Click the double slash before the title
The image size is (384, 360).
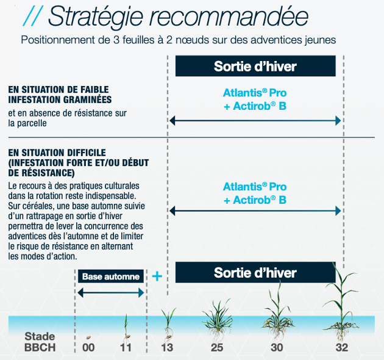pyautogui.click(x=32, y=16)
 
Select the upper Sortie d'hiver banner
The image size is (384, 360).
pyautogui.click(x=255, y=66)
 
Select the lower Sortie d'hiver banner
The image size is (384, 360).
pyautogui.click(x=255, y=272)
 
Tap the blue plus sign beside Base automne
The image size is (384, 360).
pyautogui.click(x=157, y=276)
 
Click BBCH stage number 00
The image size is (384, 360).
pyautogui.click(x=89, y=348)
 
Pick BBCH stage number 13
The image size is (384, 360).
pyautogui.click(x=167, y=348)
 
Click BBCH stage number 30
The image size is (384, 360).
pyautogui.click(x=278, y=348)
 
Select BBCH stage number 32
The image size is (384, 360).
pyautogui.click(x=341, y=348)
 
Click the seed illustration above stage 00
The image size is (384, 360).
pyautogui.click(x=89, y=335)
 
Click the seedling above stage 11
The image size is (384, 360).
pyautogui.click(x=126, y=326)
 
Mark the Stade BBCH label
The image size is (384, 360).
pyautogui.click(x=40, y=342)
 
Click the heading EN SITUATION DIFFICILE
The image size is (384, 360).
pyautogui.click(x=57, y=152)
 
